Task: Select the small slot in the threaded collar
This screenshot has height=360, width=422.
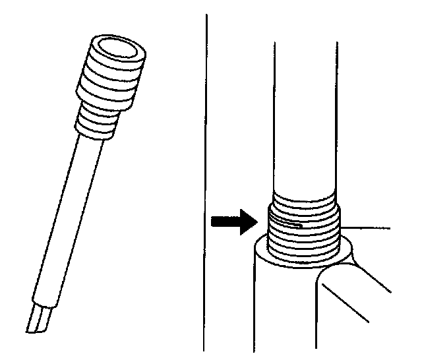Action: [290, 225]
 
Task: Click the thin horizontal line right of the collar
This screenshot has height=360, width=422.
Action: [369, 227]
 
